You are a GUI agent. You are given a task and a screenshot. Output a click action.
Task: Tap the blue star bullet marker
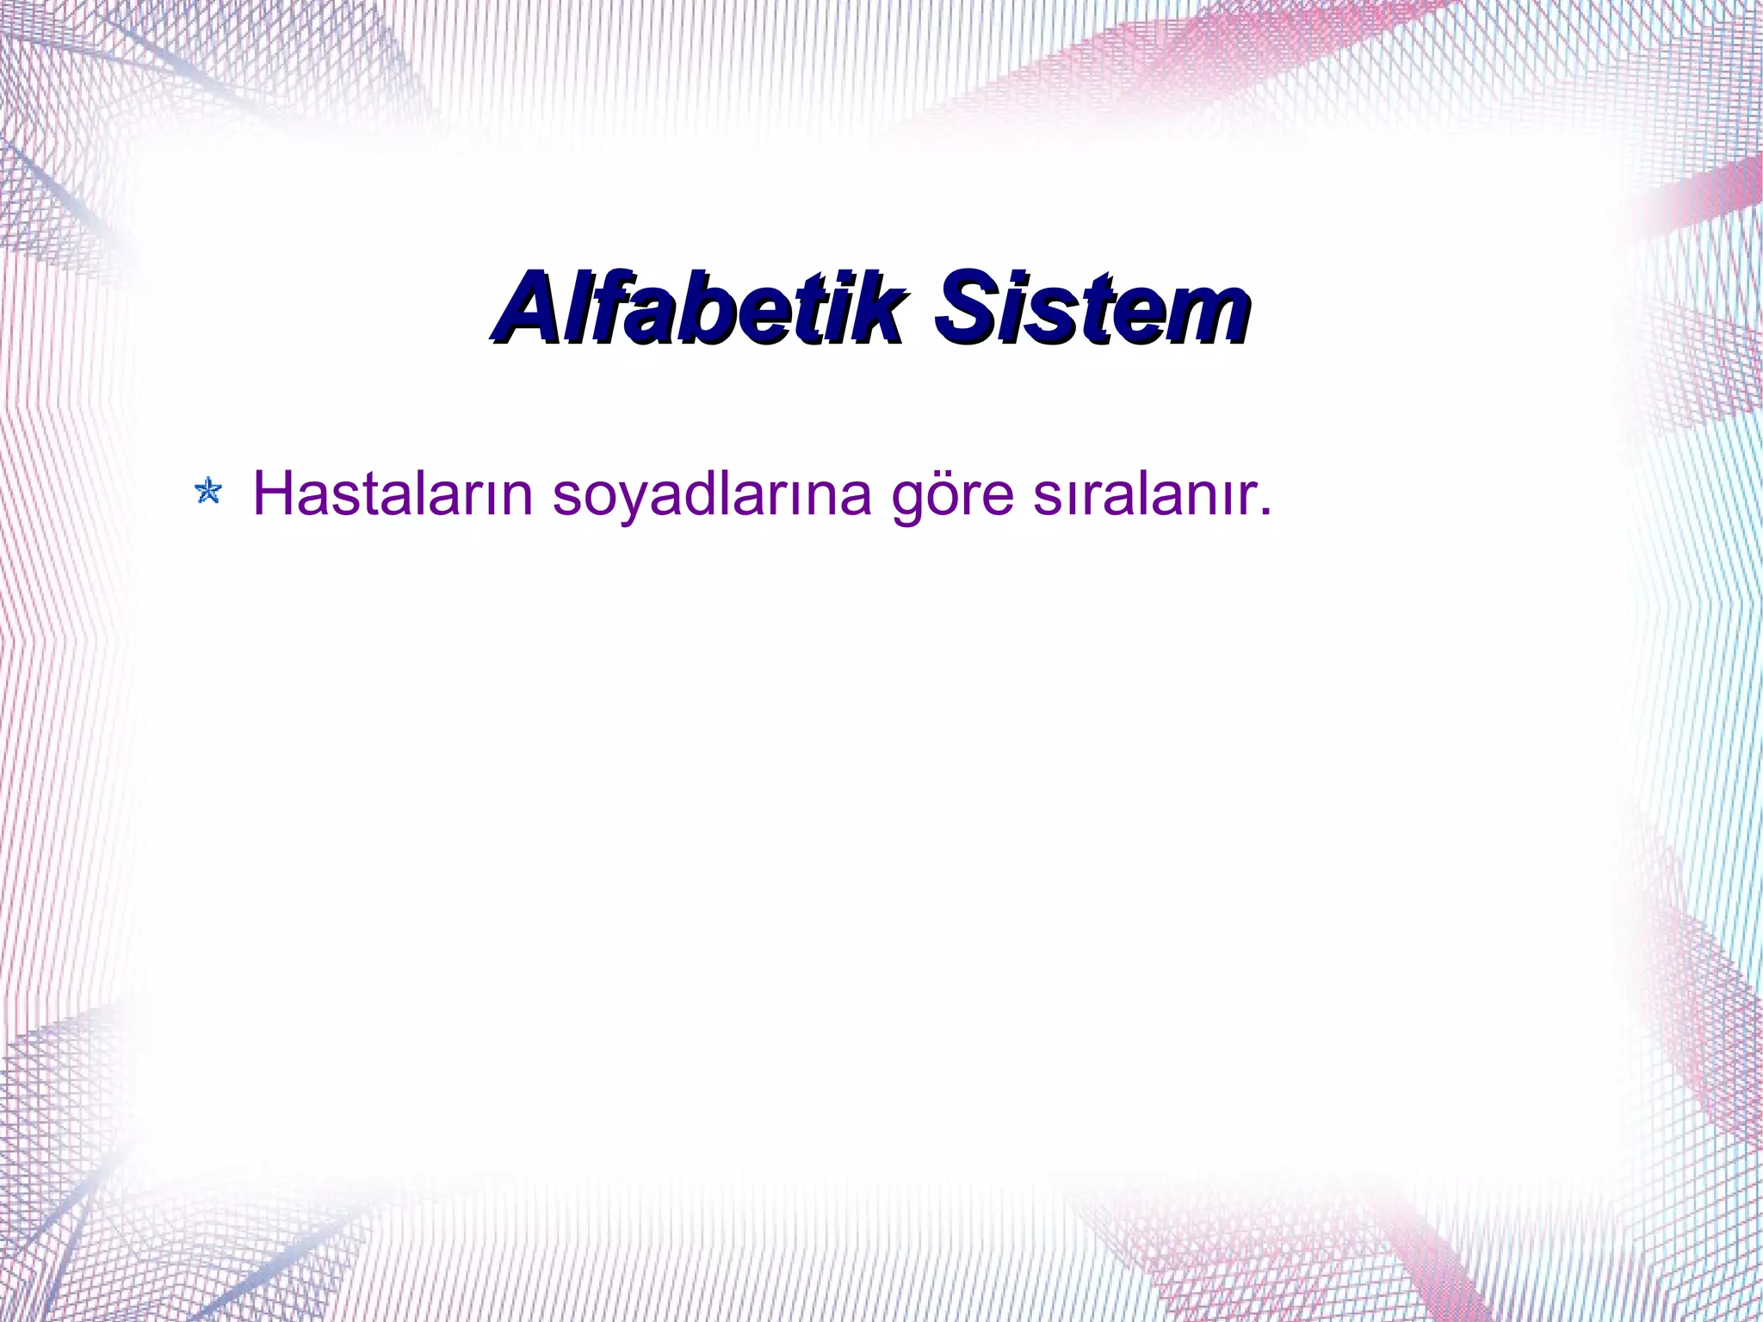click(208, 492)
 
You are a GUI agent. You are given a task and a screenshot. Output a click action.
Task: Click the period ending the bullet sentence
click(1264, 512)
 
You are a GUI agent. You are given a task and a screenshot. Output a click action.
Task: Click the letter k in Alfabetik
click(878, 308)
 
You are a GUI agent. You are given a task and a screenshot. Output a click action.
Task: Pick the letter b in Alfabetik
click(706, 308)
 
